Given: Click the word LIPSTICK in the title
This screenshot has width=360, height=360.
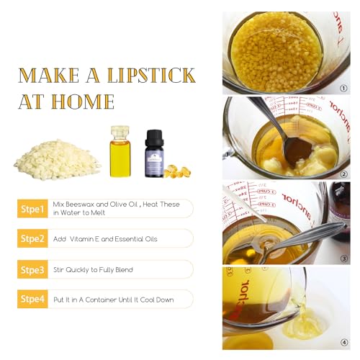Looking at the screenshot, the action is (x=151, y=76).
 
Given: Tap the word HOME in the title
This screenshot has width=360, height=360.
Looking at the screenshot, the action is (x=83, y=102).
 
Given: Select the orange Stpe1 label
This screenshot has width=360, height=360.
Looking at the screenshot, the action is (x=32, y=209).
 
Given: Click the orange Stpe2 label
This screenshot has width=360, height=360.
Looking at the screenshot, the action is (x=32, y=238).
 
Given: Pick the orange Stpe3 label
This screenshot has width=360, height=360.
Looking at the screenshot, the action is (x=32, y=269).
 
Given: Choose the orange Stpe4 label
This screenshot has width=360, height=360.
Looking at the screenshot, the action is (x=32, y=299).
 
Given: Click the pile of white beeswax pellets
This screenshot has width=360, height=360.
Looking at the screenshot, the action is (x=58, y=160).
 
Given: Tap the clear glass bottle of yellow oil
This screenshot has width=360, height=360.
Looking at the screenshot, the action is (x=120, y=152).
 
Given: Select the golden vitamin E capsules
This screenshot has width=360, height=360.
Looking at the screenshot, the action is (x=177, y=171).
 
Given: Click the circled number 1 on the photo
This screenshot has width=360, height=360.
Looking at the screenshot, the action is (x=343, y=89).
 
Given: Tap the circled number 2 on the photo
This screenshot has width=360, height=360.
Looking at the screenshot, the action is (x=343, y=174).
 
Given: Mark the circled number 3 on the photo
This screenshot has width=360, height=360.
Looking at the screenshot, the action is (x=344, y=258).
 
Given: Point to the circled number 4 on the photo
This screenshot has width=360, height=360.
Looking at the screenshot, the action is (x=344, y=343).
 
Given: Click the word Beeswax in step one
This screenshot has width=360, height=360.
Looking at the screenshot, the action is (x=79, y=204).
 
